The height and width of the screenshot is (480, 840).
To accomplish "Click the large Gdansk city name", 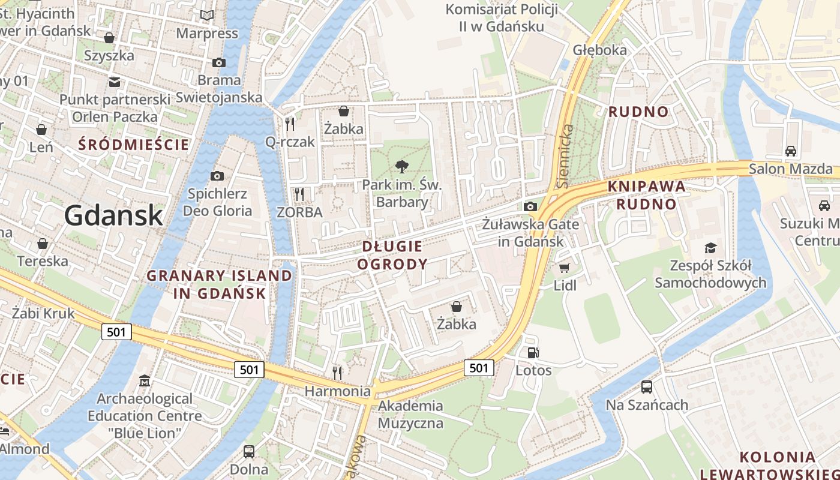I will click(113, 215).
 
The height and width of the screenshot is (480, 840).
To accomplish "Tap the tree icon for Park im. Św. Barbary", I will click(402, 167).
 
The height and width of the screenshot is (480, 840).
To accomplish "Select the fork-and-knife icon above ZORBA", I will click(299, 194).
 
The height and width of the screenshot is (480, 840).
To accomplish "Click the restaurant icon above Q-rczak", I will click(290, 124).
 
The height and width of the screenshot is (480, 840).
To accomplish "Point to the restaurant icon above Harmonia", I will click(337, 373).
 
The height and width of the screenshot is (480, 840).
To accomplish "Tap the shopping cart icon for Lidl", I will click(564, 268).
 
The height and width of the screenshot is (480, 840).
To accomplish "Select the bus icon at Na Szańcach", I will click(647, 386).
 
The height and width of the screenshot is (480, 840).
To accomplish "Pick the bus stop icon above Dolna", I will click(249, 451).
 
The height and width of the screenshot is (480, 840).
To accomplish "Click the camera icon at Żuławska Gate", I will click(530, 206).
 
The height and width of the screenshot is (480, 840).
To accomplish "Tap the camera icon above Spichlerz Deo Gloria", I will click(217, 176).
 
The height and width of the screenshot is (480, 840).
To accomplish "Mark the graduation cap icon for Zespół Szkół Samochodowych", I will click(710, 248).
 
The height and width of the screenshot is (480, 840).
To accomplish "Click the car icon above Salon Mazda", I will click(791, 151).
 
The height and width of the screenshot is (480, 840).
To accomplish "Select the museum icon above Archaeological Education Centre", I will click(145, 381).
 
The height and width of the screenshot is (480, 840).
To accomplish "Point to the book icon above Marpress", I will click(207, 16).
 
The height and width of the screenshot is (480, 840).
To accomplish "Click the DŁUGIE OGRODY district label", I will click(392, 255).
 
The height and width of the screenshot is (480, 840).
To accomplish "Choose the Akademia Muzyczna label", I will click(410, 414).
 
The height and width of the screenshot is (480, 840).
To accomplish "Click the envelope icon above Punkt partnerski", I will click(114, 82).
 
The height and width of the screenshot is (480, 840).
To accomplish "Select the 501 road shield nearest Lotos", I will click(478, 368).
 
